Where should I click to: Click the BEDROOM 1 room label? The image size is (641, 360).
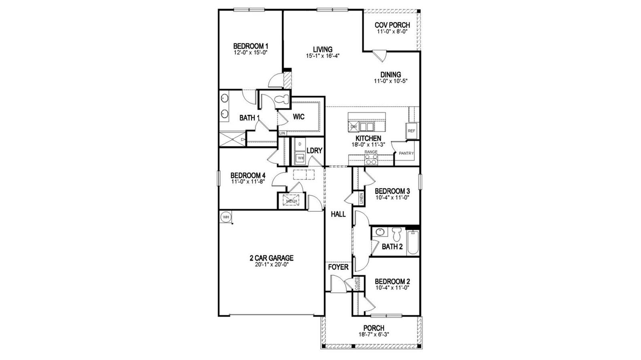[x=250, y=46]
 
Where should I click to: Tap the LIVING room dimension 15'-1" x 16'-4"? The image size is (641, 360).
[x=323, y=56]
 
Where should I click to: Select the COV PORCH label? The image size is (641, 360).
[x=392, y=25]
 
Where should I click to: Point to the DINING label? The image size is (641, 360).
[x=391, y=74]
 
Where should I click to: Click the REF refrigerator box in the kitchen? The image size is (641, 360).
[x=411, y=131]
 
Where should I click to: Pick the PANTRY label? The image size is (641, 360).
[x=406, y=153]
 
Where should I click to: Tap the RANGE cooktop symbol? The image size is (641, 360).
[x=371, y=160]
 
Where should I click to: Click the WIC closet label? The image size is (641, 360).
[x=299, y=117]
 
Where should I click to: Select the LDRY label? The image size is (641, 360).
[x=314, y=151]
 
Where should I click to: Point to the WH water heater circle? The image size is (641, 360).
[x=226, y=217]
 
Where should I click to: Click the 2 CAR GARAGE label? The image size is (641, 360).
[x=272, y=258]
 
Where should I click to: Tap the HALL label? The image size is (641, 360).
[x=338, y=214]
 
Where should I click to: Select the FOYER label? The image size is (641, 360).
[x=339, y=267]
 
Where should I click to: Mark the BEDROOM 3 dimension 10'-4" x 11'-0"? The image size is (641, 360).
[x=392, y=197]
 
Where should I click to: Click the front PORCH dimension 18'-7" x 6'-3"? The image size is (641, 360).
[x=373, y=334]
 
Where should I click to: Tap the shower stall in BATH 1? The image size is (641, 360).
[x=232, y=140]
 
